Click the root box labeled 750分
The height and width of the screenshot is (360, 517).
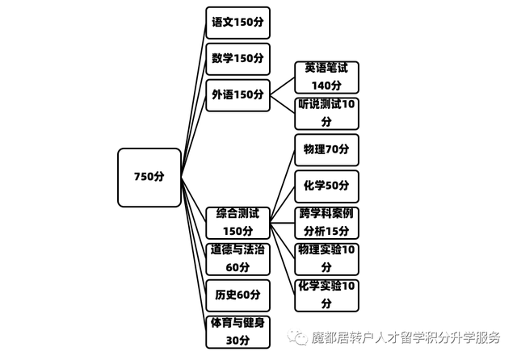(x=149, y=177)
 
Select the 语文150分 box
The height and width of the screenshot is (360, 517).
(x=237, y=23)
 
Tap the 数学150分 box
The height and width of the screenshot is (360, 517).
(x=237, y=59)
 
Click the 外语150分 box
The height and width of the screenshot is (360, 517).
(x=237, y=95)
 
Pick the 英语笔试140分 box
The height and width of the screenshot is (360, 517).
(x=326, y=77)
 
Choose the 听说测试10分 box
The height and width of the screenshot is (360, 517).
(x=326, y=113)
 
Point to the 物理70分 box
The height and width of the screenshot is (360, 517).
(x=326, y=150)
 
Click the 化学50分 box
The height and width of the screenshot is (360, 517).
(x=326, y=186)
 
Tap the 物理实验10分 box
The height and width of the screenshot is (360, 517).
(x=326, y=258)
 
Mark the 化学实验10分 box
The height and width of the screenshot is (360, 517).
(x=326, y=295)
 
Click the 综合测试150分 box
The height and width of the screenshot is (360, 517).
(x=237, y=223)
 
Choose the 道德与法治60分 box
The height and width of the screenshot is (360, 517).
(x=237, y=258)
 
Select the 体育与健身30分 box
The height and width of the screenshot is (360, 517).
(x=237, y=332)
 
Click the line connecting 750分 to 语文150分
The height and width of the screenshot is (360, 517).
(x=194, y=97)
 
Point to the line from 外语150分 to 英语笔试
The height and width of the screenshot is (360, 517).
(x=282, y=86)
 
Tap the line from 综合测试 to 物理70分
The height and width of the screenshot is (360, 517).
(x=282, y=181)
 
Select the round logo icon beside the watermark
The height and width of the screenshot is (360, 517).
(x=300, y=336)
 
